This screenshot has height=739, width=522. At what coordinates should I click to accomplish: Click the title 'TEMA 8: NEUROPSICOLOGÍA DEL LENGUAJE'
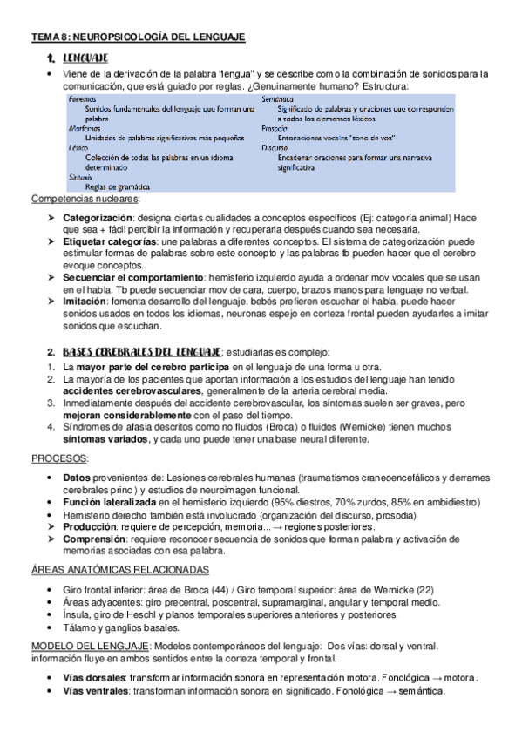click(139, 37)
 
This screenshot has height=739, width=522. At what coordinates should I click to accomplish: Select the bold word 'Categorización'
click(98, 216)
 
